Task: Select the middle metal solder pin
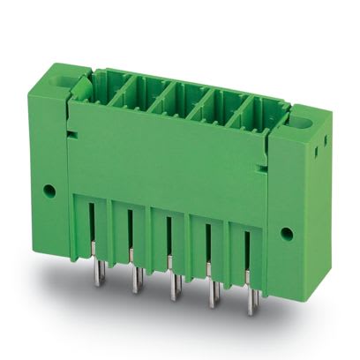tap(171, 285)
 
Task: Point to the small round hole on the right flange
tap(287, 233)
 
